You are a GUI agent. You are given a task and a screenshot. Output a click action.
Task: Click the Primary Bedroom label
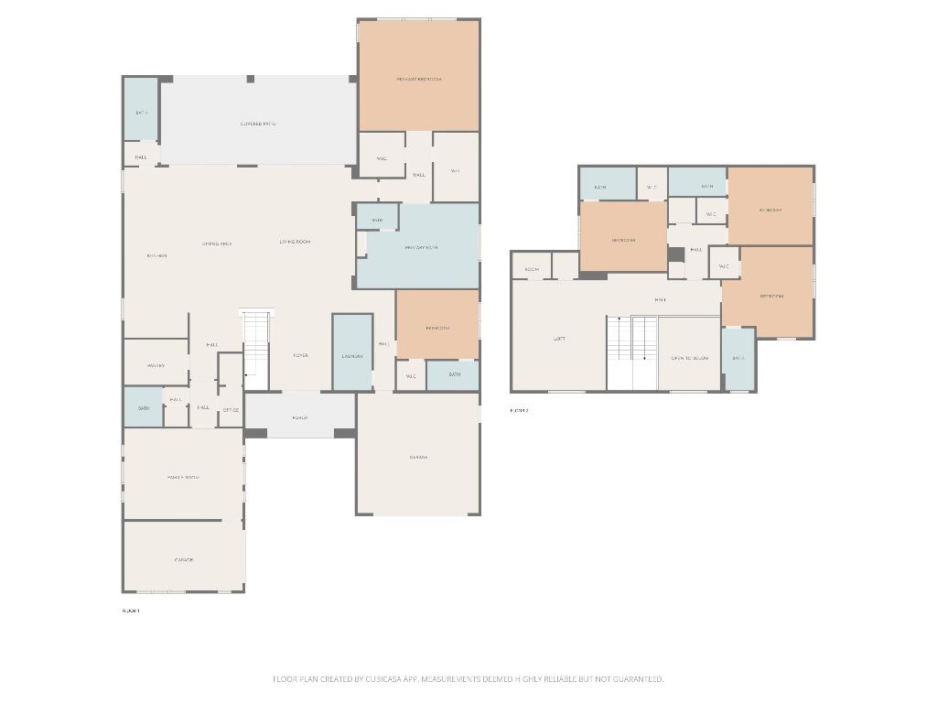tap(418, 80)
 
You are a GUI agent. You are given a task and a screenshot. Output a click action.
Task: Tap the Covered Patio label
tap(258, 124)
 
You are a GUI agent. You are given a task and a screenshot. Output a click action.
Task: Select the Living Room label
tap(295, 242)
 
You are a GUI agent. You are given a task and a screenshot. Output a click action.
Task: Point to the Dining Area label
tap(217, 243)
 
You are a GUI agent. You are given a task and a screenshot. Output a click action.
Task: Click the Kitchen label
tap(156, 255)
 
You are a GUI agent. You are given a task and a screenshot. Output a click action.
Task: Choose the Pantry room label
tap(156, 365)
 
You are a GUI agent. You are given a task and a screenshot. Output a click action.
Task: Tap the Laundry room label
tap(352, 356)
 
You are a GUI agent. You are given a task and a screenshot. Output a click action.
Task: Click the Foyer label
tap(300, 355)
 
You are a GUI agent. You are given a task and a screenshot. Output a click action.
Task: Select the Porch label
tap(299, 417)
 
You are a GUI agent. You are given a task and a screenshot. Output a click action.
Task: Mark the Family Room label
tap(183, 477)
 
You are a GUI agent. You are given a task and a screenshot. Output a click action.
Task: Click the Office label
tap(231, 410)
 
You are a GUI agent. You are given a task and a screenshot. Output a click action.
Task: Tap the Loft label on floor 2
tap(559, 339)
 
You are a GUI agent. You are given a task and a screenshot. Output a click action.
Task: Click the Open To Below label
tap(689, 358)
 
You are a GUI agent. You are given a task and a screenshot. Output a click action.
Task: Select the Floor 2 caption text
tap(519, 411)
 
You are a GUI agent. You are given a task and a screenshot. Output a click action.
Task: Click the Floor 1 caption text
tap(131, 611)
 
